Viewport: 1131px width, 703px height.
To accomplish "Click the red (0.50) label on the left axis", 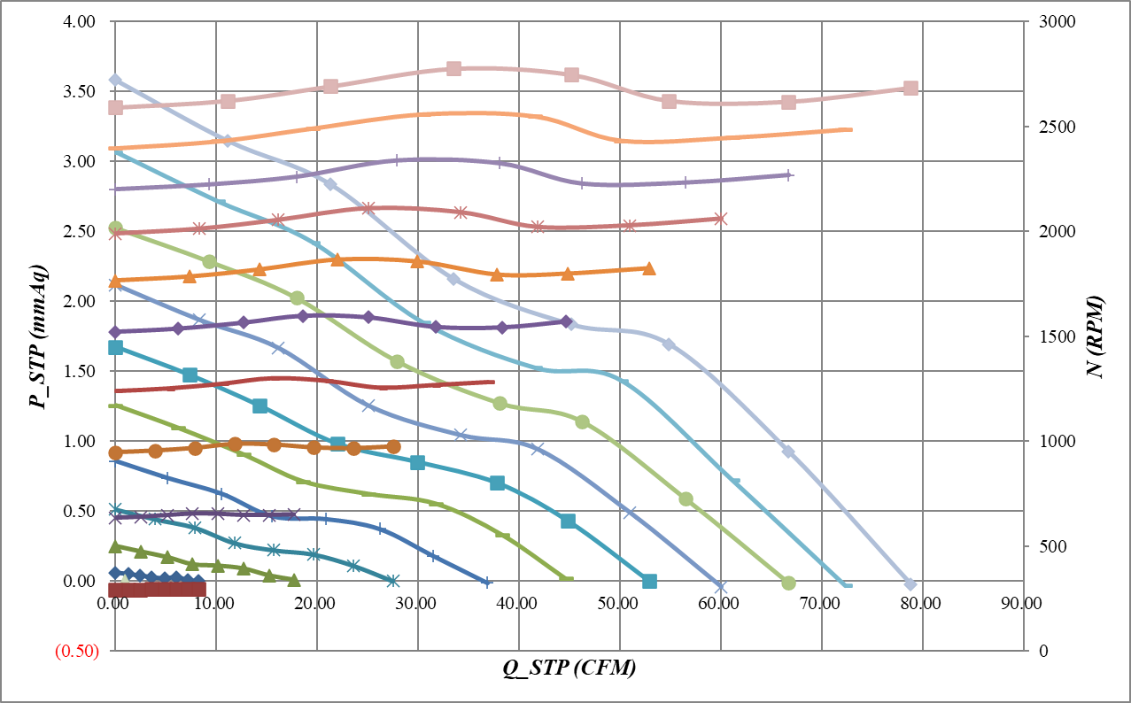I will (76, 652).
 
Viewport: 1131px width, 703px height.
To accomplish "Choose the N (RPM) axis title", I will (1096, 337).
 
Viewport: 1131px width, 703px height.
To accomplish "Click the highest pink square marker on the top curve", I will (453, 68).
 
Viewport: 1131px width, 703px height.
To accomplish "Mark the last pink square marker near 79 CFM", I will (910, 88).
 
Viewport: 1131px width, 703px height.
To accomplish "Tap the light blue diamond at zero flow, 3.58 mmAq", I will (115, 80).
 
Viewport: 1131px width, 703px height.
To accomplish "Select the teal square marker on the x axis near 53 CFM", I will (649, 582).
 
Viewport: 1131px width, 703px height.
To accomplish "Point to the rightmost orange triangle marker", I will (648, 268).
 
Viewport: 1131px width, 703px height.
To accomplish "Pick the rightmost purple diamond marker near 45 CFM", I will (567, 321).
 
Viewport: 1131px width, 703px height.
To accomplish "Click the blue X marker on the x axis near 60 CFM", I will (721, 586).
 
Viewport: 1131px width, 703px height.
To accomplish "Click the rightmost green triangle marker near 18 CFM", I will (295, 580).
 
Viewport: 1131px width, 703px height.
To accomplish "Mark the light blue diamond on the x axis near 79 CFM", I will (910, 584).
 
